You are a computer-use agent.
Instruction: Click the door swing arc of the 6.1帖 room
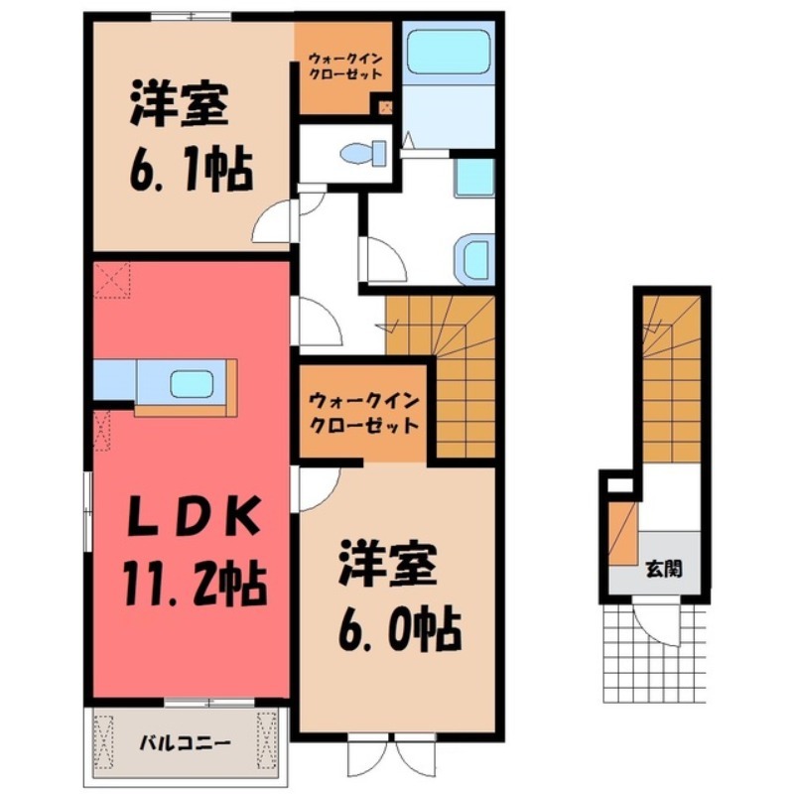[x=272, y=224]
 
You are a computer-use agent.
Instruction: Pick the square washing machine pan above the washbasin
[x=474, y=178]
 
